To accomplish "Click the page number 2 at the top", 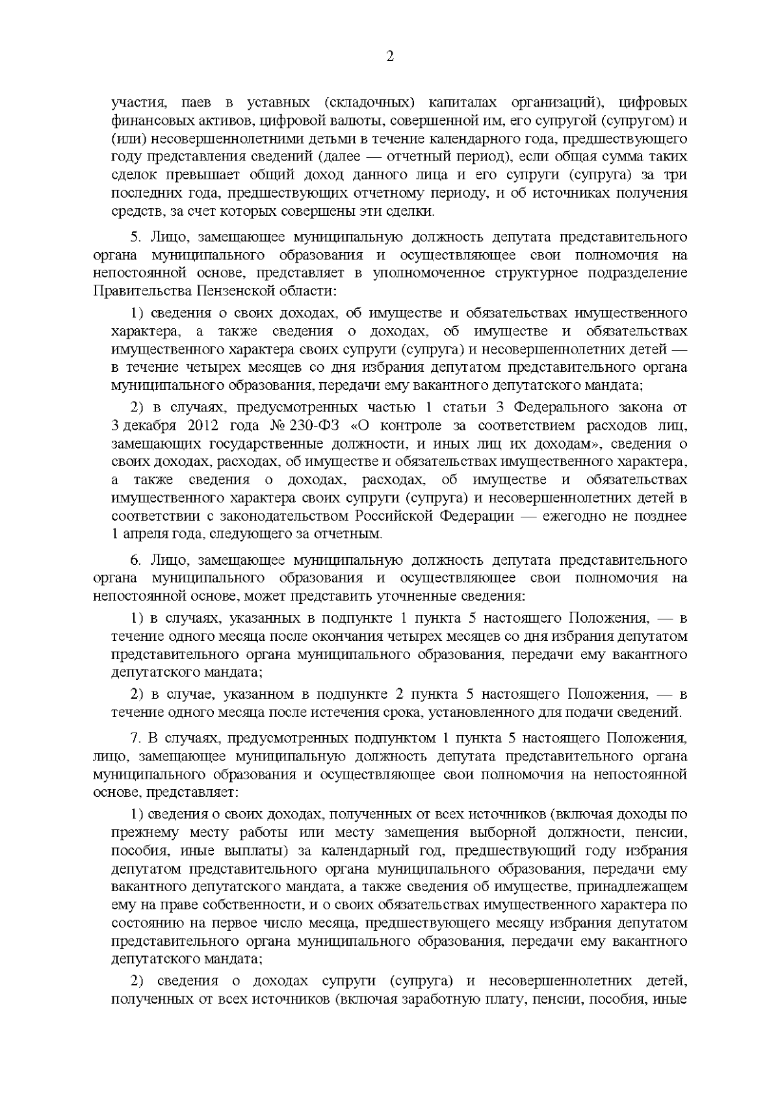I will (x=390, y=57).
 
